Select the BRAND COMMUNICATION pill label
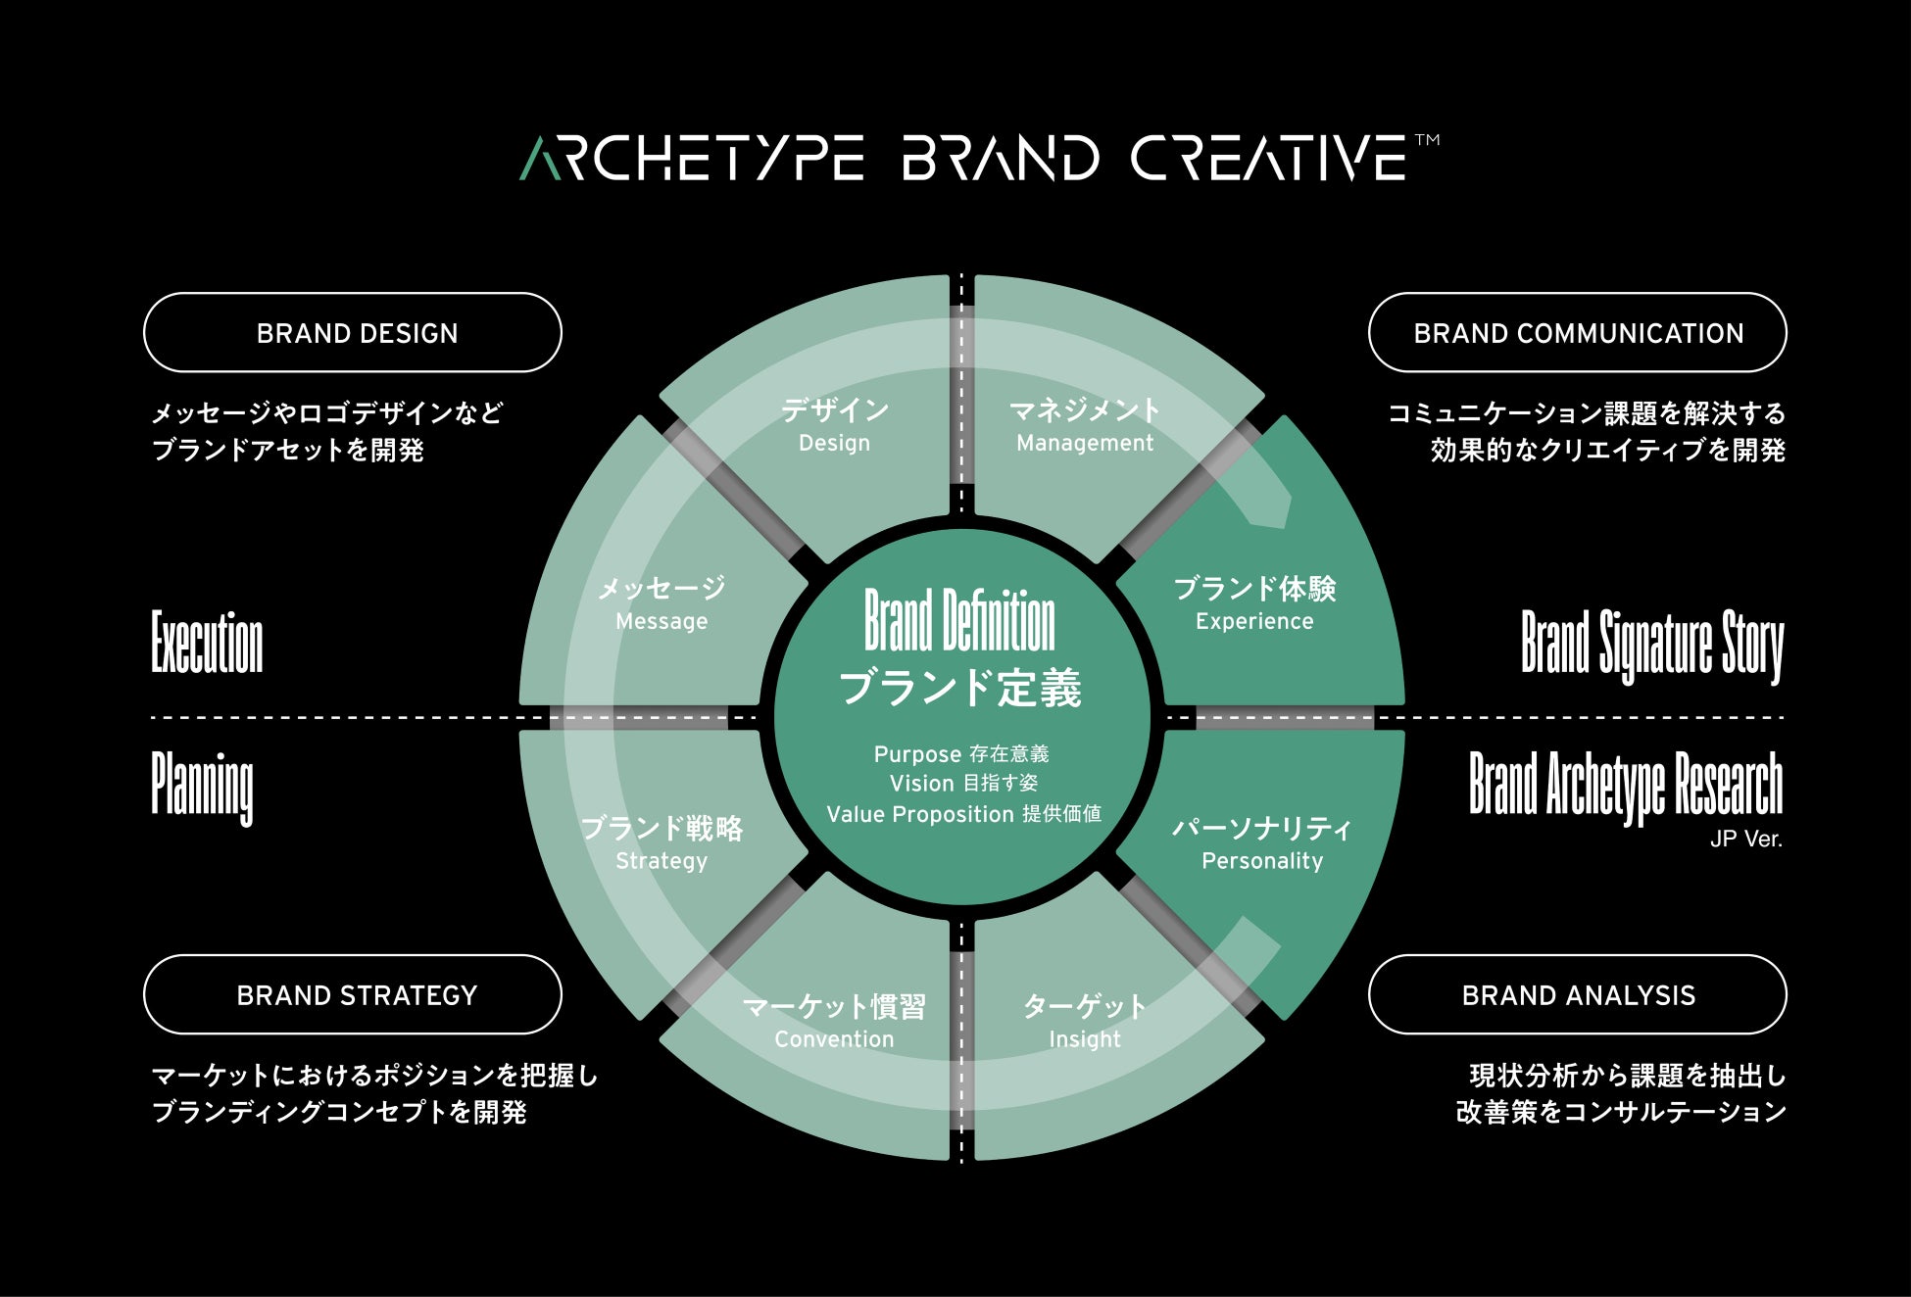[1577, 333]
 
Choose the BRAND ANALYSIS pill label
[1577, 995]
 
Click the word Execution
[207, 643]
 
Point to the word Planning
[202, 787]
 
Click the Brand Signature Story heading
[1651, 645]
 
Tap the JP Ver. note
[1745, 840]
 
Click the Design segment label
[834, 443]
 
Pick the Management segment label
[1084, 443]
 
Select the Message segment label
[661, 621]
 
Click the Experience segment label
[1254, 621]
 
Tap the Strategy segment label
[661, 861]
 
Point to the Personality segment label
[1262, 861]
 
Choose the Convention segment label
[834, 1039]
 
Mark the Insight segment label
[1084, 1039]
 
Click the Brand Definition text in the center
[959, 621]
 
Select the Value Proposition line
[963, 814]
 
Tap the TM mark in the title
[1428, 140]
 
